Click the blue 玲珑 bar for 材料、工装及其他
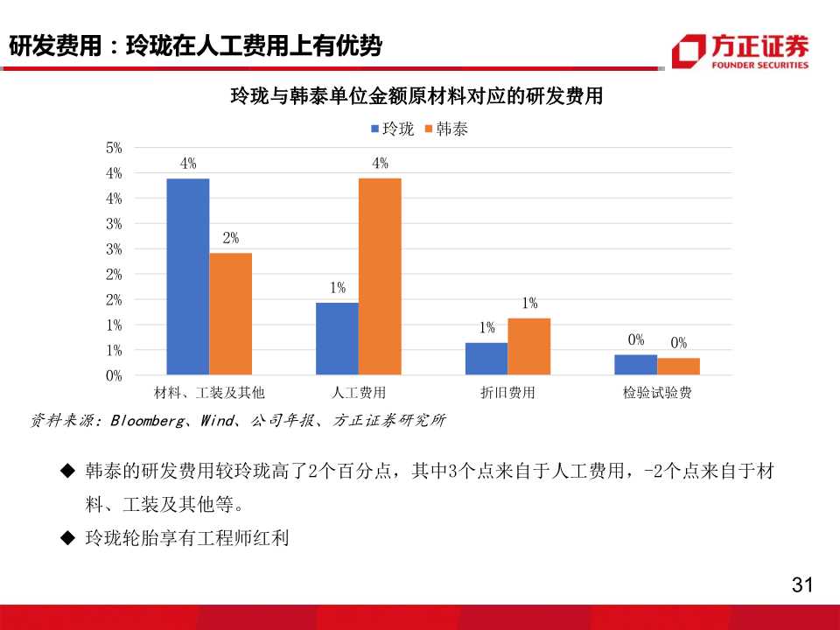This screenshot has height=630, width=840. (x=188, y=276)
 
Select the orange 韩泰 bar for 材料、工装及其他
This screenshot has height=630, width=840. (x=231, y=313)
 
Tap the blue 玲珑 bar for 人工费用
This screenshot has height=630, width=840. (x=337, y=339)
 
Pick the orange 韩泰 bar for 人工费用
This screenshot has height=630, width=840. (x=380, y=276)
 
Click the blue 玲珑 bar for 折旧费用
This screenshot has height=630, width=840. (x=486, y=359)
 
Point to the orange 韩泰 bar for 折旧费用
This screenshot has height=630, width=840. (x=529, y=346)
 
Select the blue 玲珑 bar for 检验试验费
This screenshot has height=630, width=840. (x=636, y=365)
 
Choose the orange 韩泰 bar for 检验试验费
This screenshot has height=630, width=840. (x=679, y=367)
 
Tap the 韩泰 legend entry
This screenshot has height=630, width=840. (x=446, y=129)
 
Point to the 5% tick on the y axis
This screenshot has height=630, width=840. (x=114, y=148)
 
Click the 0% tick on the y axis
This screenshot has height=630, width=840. (x=114, y=375)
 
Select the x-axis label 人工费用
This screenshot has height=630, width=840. (x=359, y=393)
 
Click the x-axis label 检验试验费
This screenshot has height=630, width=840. (x=657, y=393)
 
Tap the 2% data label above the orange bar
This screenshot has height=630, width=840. (x=230, y=238)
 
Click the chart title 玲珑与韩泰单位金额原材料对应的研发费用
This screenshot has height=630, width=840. (x=416, y=95)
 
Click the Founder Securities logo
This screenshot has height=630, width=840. (x=740, y=51)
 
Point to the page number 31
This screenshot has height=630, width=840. (x=801, y=584)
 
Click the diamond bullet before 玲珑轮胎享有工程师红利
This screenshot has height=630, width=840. (x=67, y=538)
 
